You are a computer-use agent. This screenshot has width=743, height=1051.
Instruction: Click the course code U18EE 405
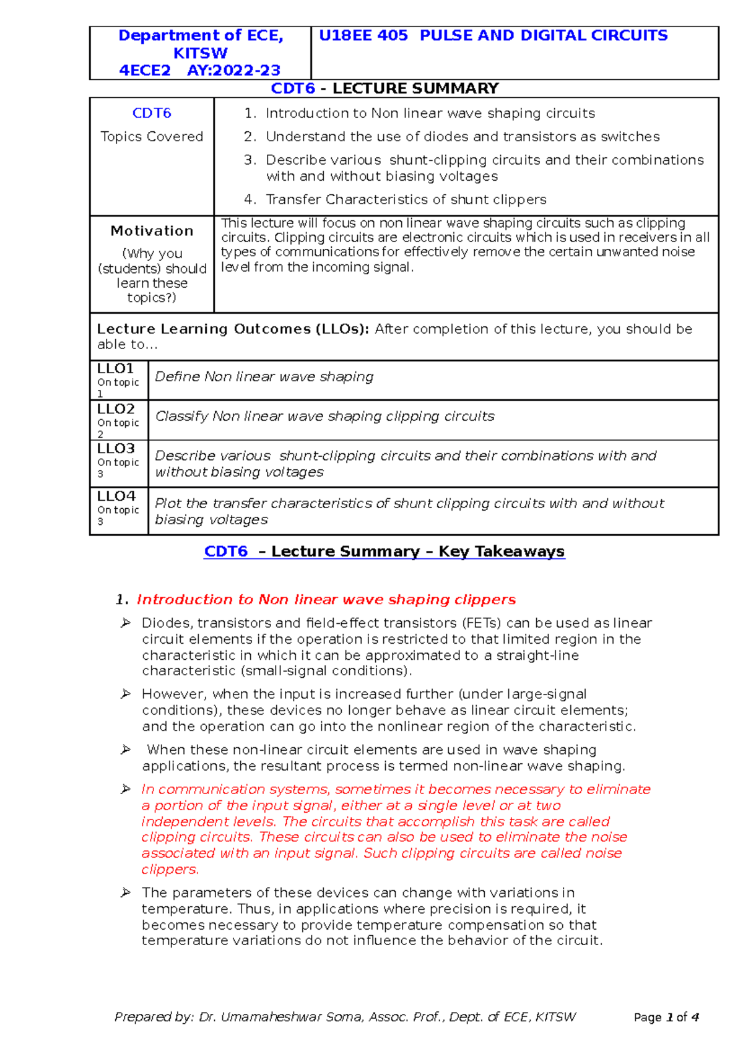(363, 36)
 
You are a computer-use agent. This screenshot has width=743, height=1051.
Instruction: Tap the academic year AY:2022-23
(233, 71)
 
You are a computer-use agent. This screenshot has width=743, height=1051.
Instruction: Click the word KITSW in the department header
(200, 53)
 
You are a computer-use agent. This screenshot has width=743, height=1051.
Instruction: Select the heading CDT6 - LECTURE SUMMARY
(385, 89)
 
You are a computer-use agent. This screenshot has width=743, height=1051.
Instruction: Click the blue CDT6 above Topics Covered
(152, 113)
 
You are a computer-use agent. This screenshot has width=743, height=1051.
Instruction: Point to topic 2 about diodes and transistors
(463, 137)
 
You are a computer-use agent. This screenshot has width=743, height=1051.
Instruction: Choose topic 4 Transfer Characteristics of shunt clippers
(406, 199)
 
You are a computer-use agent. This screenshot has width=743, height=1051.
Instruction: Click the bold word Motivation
(152, 231)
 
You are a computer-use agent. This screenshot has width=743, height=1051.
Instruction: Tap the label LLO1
(116, 369)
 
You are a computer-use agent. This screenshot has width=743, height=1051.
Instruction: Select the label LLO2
(116, 409)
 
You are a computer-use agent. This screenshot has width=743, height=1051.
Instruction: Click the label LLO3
(116, 449)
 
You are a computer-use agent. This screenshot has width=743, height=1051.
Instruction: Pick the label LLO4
(116, 496)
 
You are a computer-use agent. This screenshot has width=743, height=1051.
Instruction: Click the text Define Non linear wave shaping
(264, 377)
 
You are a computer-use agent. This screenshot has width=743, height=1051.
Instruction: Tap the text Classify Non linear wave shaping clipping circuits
(324, 417)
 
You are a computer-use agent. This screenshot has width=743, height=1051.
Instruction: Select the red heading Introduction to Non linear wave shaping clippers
(326, 600)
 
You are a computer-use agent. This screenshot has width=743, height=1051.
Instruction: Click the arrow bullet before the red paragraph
(126, 789)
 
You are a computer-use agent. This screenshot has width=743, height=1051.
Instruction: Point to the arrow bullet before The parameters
(126, 893)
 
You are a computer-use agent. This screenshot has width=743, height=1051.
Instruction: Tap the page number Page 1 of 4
(666, 1018)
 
